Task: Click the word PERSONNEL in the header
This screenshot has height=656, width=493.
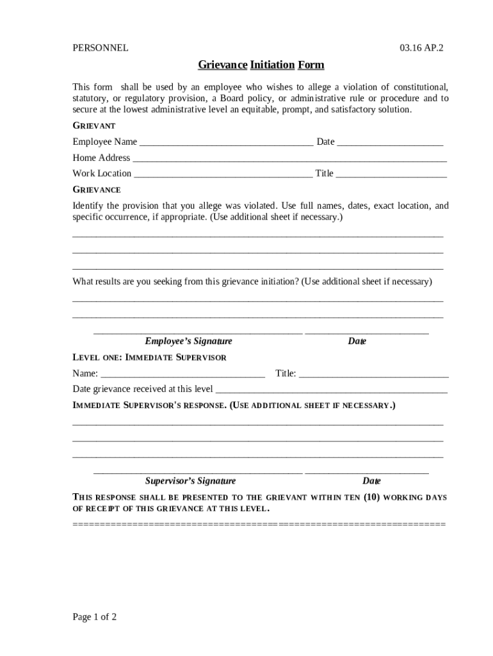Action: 100,47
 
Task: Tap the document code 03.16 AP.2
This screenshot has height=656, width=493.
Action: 421,47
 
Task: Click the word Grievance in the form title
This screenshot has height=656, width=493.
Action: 222,65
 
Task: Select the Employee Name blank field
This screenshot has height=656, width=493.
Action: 226,143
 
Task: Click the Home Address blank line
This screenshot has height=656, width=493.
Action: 289,159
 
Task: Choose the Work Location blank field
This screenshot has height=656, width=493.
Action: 223,174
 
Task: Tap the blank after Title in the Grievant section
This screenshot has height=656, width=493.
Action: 391,174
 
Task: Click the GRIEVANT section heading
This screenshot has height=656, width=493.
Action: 93,126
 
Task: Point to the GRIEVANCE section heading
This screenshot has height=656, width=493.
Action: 96,190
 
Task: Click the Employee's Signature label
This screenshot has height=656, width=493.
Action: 188,341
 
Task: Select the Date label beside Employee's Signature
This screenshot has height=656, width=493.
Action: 357,341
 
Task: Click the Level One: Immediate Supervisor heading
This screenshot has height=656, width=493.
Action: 149,357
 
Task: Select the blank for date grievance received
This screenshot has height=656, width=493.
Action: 331,390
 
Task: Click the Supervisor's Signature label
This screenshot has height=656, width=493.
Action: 190,481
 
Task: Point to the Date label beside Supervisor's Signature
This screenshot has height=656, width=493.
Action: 371,481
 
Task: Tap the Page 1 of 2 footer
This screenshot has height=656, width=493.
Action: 95,618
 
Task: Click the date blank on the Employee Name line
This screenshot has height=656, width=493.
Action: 390,143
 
